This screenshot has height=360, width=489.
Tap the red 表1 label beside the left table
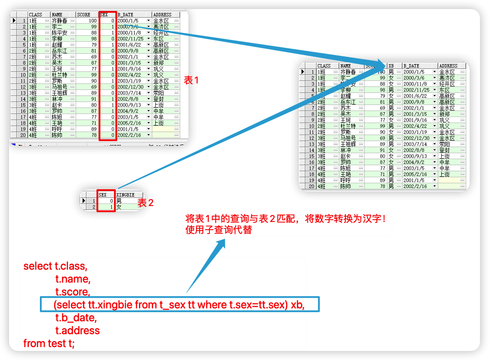191,80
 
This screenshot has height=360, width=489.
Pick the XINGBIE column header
126,195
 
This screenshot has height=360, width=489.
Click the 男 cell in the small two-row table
119,201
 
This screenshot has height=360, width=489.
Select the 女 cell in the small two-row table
119,207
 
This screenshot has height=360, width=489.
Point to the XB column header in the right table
391,66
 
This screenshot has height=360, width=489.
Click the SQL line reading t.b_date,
76,318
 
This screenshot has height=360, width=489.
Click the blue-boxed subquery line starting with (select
179,305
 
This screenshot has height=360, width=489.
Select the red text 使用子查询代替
218,230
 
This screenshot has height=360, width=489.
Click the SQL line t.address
77,330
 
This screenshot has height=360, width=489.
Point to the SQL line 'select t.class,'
55,266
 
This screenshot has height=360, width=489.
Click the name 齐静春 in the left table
59,21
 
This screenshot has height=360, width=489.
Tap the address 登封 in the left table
158,99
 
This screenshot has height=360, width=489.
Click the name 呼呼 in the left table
57,129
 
